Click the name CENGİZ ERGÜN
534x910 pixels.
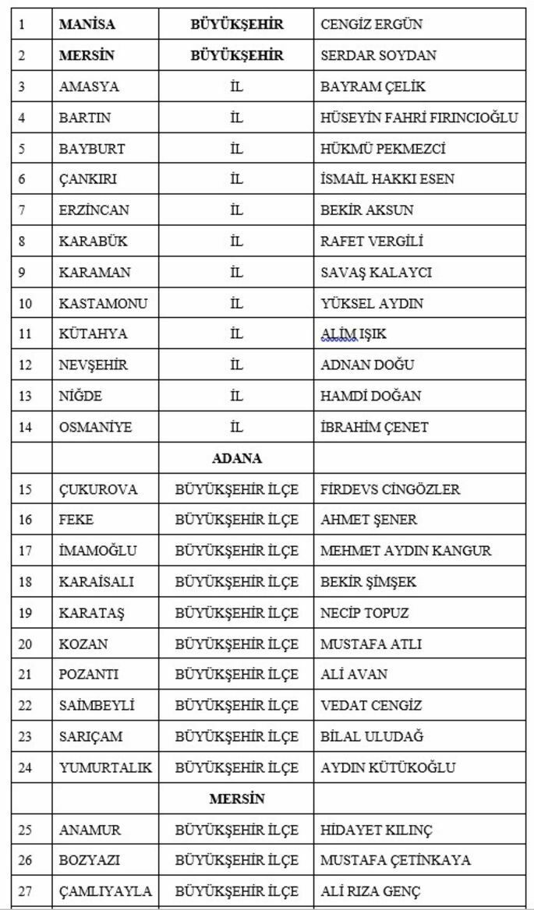(x=371, y=24)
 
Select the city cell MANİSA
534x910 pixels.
(x=87, y=24)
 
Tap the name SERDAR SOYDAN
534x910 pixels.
(x=378, y=55)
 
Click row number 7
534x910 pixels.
(x=22, y=210)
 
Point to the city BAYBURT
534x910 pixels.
(x=91, y=148)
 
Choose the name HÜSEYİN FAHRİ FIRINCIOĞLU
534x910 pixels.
(x=419, y=118)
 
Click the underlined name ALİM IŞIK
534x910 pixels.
(x=353, y=334)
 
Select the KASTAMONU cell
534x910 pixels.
(x=103, y=303)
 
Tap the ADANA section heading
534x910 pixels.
(x=236, y=458)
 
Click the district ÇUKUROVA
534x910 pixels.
(x=97, y=489)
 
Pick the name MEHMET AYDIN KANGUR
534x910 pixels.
(x=405, y=551)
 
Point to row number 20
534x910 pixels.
(x=25, y=644)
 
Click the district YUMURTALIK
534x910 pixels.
(x=105, y=767)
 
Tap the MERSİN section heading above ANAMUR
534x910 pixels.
(x=237, y=799)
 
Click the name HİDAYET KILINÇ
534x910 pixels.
(x=376, y=830)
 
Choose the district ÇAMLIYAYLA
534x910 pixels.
(x=105, y=891)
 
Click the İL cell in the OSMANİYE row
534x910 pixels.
(x=236, y=427)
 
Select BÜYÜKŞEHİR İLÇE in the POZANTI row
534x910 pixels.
(x=236, y=675)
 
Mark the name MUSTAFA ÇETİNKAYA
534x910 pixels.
(x=395, y=860)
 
